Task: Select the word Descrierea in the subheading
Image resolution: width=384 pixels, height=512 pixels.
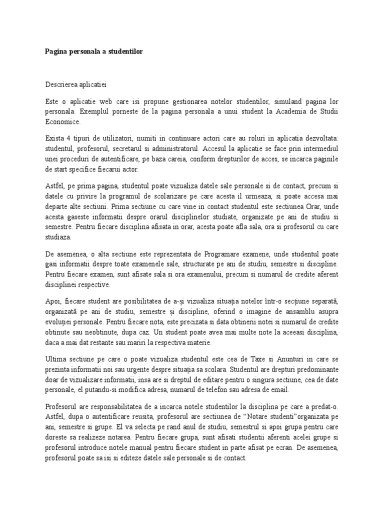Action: click(x=66, y=85)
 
